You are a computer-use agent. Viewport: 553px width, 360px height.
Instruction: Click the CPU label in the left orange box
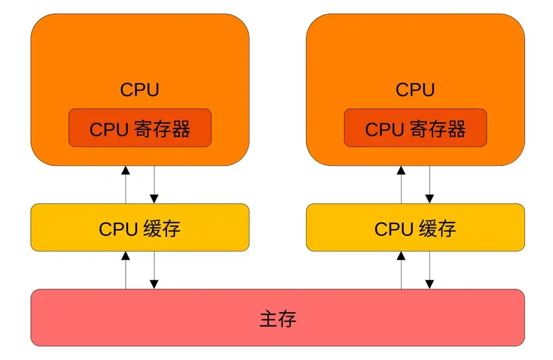(139, 90)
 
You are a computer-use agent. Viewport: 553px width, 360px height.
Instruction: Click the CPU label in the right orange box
(415, 90)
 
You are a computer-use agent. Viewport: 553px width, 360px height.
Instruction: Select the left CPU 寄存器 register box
(140, 128)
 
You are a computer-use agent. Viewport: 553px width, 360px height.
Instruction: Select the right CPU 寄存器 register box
(415, 128)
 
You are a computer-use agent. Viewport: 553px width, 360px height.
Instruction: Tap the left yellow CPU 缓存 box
(140, 228)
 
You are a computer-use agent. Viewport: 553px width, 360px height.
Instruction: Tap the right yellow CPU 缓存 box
(415, 228)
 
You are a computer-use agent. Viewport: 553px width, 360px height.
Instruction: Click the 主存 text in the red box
(277, 319)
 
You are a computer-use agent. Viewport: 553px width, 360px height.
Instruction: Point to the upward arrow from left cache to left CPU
(126, 185)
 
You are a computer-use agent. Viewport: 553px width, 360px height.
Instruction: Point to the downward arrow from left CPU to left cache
(154, 185)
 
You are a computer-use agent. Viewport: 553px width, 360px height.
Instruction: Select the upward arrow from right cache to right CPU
(401, 185)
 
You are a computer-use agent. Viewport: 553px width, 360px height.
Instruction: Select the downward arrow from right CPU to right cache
(430, 185)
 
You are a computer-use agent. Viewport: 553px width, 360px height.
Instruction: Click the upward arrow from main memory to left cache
(126, 270)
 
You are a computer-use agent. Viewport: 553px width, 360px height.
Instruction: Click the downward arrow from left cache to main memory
(154, 270)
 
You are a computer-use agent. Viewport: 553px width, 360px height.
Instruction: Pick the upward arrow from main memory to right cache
(401, 270)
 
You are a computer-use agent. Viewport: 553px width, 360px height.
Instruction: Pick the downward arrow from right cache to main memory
(430, 270)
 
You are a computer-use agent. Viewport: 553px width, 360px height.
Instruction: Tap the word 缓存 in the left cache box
(162, 229)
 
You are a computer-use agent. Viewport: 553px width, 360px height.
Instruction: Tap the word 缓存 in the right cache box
(437, 229)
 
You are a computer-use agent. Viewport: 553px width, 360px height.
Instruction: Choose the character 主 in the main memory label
(268, 319)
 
